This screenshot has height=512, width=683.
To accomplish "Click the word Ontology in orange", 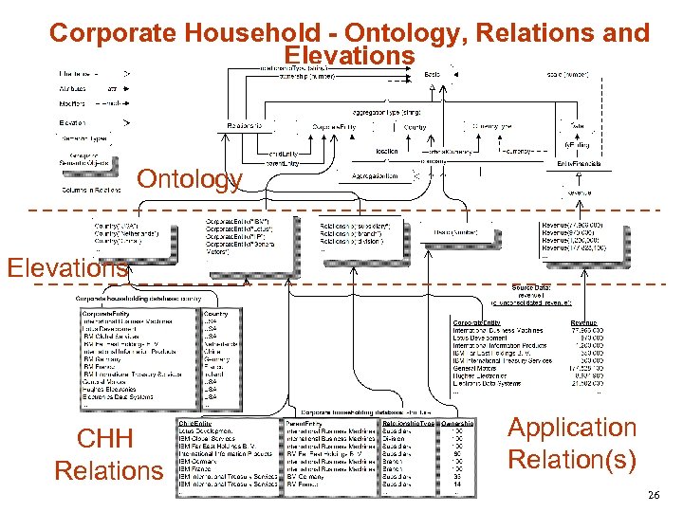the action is point(190,179).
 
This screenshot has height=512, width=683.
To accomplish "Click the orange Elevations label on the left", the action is point(66,267).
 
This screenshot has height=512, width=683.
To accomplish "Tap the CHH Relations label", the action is point(108,454).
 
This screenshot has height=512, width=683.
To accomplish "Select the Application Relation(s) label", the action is point(572,444).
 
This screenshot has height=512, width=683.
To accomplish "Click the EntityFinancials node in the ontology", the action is point(575,164).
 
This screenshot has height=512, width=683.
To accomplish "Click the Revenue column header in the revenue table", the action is point(583,322).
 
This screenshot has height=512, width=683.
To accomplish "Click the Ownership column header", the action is point(471,421).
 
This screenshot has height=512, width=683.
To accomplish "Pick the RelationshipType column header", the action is point(408,421).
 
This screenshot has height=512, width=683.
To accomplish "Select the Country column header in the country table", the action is point(215,314).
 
